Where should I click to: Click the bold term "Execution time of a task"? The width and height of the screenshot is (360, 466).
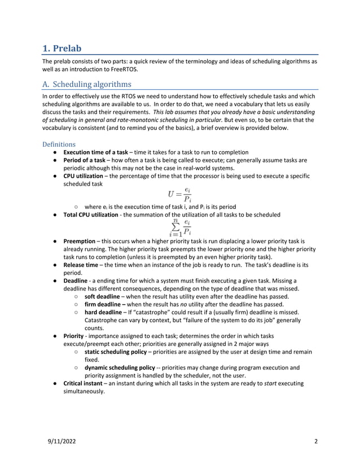(x=96, y=152)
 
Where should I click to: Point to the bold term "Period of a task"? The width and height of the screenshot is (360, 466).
(x=84, y=160)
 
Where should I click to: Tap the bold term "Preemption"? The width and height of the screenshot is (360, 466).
(x=79, y=240)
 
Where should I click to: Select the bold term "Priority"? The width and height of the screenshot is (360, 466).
(x=74, y=335)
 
